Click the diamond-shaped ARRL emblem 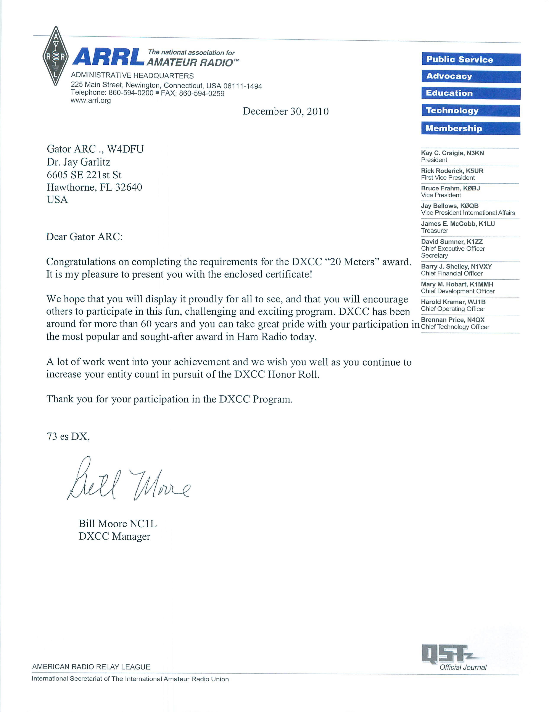click(55, 56)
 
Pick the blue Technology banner click(470, 110)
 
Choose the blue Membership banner click(470, 128)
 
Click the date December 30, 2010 click(286, 111)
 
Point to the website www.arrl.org click(91, 100)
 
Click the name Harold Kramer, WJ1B click(453, 302)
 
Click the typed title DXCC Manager click(114, 536)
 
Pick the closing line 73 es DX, click(68, 436)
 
